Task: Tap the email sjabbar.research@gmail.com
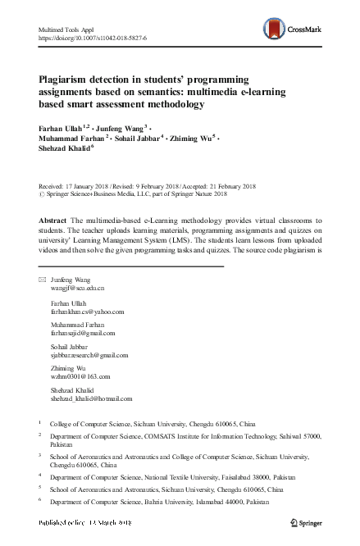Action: tap(89, 355)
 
